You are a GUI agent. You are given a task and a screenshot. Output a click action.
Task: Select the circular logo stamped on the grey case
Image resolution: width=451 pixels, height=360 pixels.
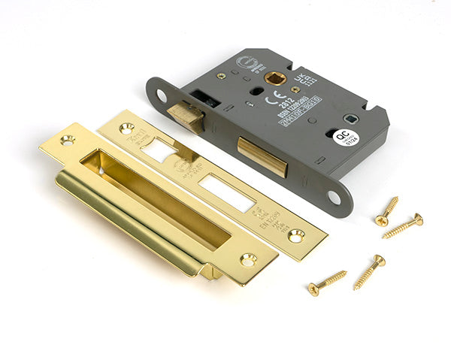coord(247,64)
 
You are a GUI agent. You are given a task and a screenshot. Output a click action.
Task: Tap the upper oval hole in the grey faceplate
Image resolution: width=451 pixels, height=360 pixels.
coord(161,95)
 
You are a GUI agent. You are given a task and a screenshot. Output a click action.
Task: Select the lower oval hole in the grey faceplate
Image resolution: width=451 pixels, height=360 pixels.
coord(333,197)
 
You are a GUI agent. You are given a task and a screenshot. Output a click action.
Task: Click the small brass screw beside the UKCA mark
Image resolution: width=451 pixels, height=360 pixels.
coord(295,89)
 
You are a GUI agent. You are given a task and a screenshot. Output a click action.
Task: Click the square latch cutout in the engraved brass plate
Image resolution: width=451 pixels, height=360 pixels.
coord(159,150)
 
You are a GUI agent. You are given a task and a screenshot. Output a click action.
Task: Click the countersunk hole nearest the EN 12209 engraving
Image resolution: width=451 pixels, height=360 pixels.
coord(295,235)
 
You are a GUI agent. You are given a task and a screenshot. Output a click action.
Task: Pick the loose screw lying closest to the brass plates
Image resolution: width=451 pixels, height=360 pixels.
coord(326,283)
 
